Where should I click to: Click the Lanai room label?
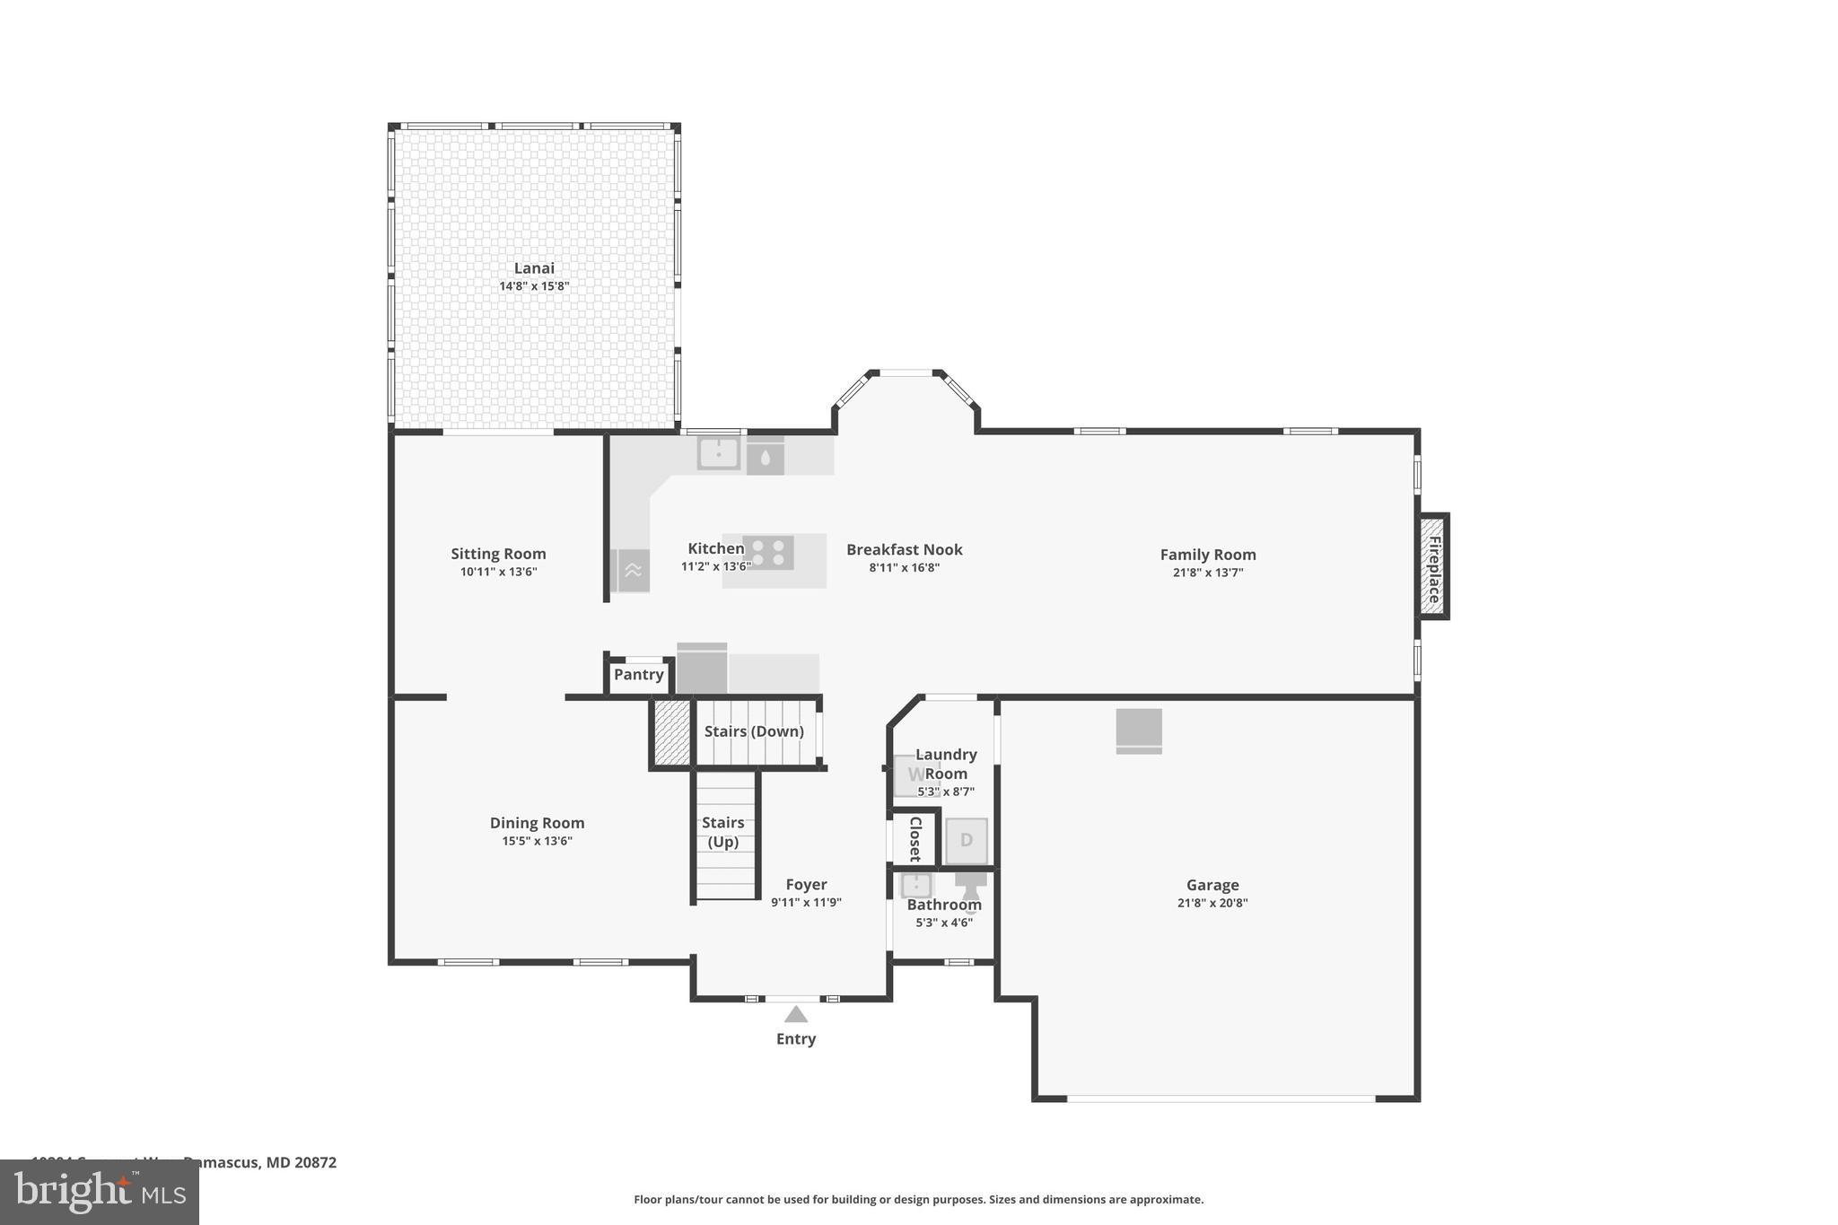[x=534, y=267]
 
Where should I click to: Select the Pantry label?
[x=639, y=674]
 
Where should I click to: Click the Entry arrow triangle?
[x=795, y=1014]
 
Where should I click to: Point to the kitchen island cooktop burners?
[x=768, y=552]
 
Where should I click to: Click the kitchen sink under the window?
[x=718, y=453]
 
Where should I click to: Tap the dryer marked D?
[x=967, y=840]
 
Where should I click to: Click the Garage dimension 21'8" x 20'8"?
[x=1212, y=903]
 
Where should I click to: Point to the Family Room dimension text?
[x=1207, y=573]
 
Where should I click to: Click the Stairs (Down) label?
[x=753, y=731]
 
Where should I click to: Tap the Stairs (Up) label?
[x=722, y=832]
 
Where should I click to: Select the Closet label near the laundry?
[x=915, y=838]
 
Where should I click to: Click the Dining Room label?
[x=537, y=822]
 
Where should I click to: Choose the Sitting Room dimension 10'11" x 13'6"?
[x=498, y=572]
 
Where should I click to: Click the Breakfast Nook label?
[x=904, y=549]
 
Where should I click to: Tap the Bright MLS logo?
[x=100, y=1192]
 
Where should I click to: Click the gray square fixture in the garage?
[x=1139, y=730]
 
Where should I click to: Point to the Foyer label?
[x=806, y=884]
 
